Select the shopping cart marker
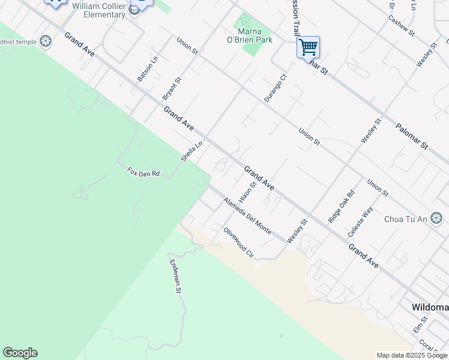click(x=308, y=46)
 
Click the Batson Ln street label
click(x=147, y=69)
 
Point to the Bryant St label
click(x=172, y=88)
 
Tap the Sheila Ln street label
click(x=192, y=151)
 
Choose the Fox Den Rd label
click(x=143, y=173)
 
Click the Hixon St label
click(x=247, y=191)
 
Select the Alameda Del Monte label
click(x=247, y=216)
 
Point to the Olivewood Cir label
click(x=239, y=243)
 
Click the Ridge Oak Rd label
click(x=342, y=207)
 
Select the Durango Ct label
click(x=276, y=88)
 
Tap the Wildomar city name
click(x=430, y=307)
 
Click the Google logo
click(x=20, y=353)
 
